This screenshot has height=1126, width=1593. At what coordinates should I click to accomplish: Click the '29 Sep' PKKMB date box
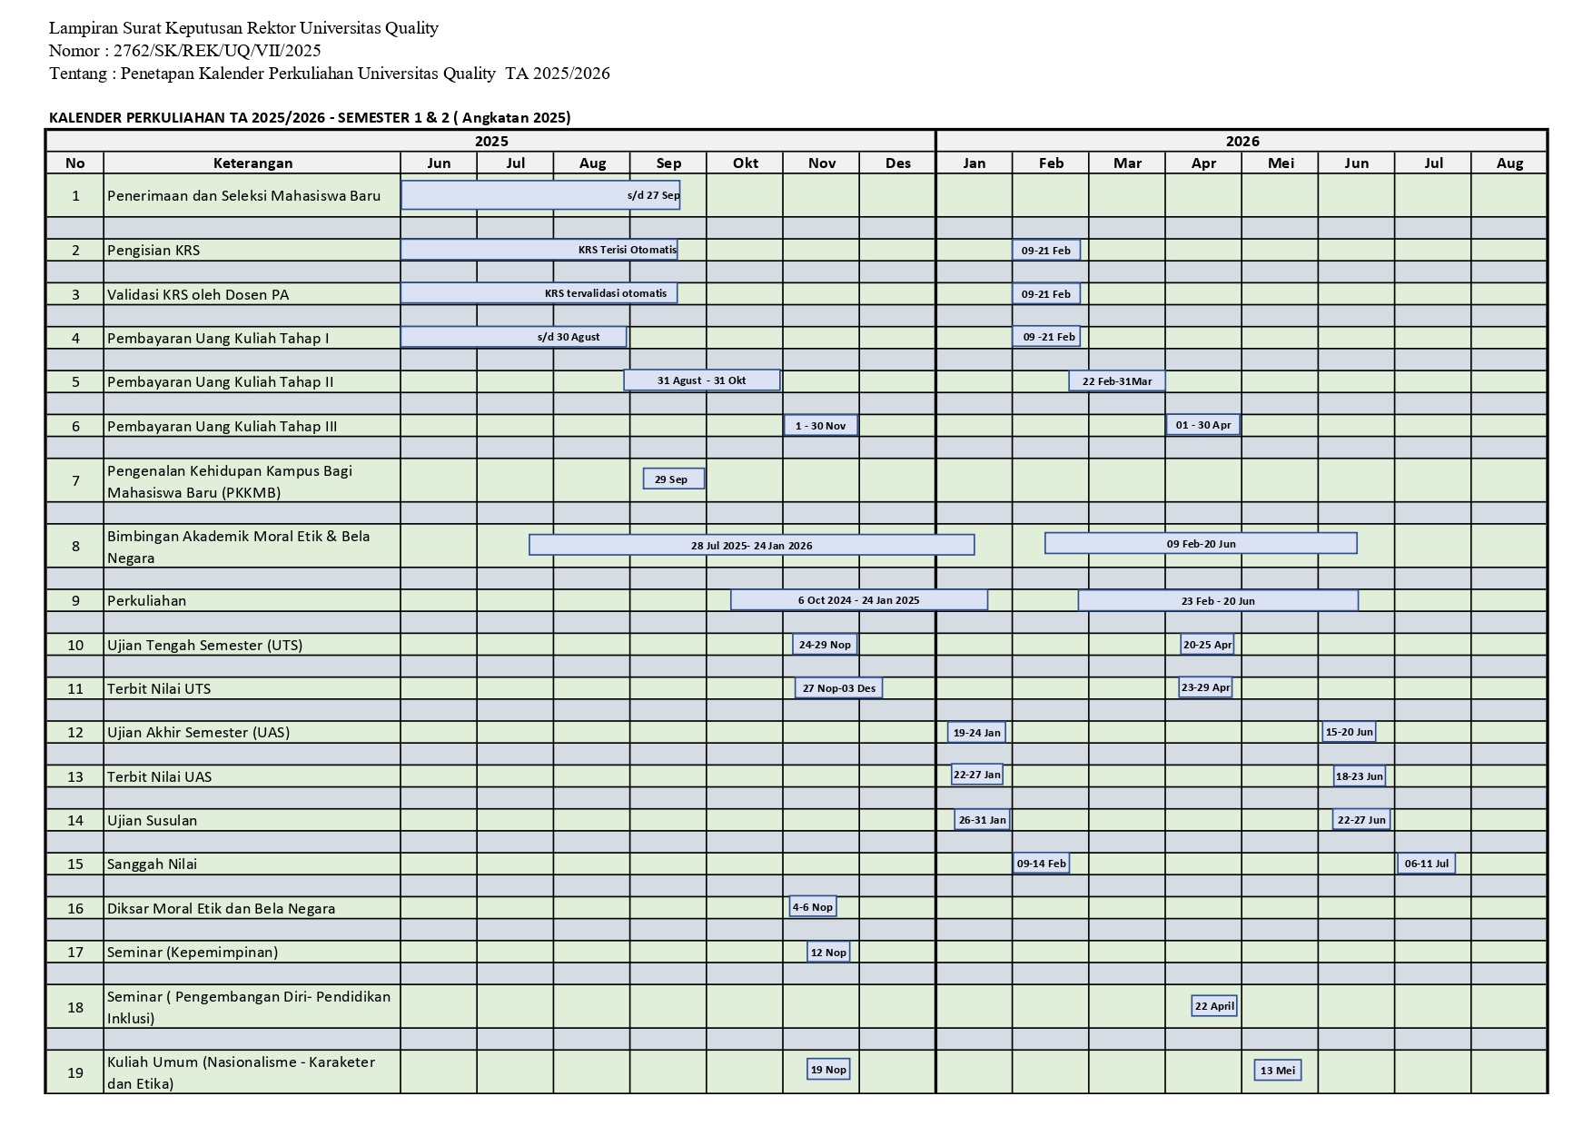pos(673,479)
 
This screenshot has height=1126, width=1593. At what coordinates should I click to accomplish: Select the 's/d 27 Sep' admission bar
pos(540,195)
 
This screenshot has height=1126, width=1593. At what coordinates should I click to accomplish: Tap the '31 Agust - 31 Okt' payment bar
pos(701,380)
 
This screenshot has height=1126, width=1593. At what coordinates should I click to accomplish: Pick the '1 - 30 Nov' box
pos(820,425)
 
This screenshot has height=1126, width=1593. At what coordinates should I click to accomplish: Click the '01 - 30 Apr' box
pos(1202,424)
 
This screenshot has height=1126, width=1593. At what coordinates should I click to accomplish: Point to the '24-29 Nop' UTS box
pos(824,644)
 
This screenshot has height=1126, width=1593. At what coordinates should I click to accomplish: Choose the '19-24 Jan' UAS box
pos(976,732)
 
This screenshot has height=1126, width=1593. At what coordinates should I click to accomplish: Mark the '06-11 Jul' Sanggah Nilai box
pos(1426,863)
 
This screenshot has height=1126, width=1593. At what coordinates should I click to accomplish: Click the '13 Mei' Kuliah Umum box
pos(1277,1070)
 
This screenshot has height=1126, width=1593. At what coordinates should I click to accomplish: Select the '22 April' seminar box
pos(1213,1005)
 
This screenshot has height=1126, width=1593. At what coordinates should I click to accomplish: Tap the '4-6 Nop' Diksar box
pos(812,906)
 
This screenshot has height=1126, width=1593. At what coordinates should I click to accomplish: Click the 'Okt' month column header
pos(745,163)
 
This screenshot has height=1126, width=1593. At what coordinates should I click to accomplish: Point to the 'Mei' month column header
pos(1280,163)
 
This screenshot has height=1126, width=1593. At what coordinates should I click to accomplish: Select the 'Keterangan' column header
pos(252,163)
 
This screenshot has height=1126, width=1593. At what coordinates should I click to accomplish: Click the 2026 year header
pos(1242,141)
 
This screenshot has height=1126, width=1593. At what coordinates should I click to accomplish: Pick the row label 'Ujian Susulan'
pos(152,820)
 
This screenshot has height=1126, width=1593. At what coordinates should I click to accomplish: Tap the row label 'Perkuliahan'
pos(146,600)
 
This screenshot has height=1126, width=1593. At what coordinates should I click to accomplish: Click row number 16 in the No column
pos(75,908)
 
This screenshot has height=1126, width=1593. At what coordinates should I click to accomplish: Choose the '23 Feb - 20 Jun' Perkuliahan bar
pos(1217,600)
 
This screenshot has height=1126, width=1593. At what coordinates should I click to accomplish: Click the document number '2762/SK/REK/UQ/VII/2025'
pos(217,51)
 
